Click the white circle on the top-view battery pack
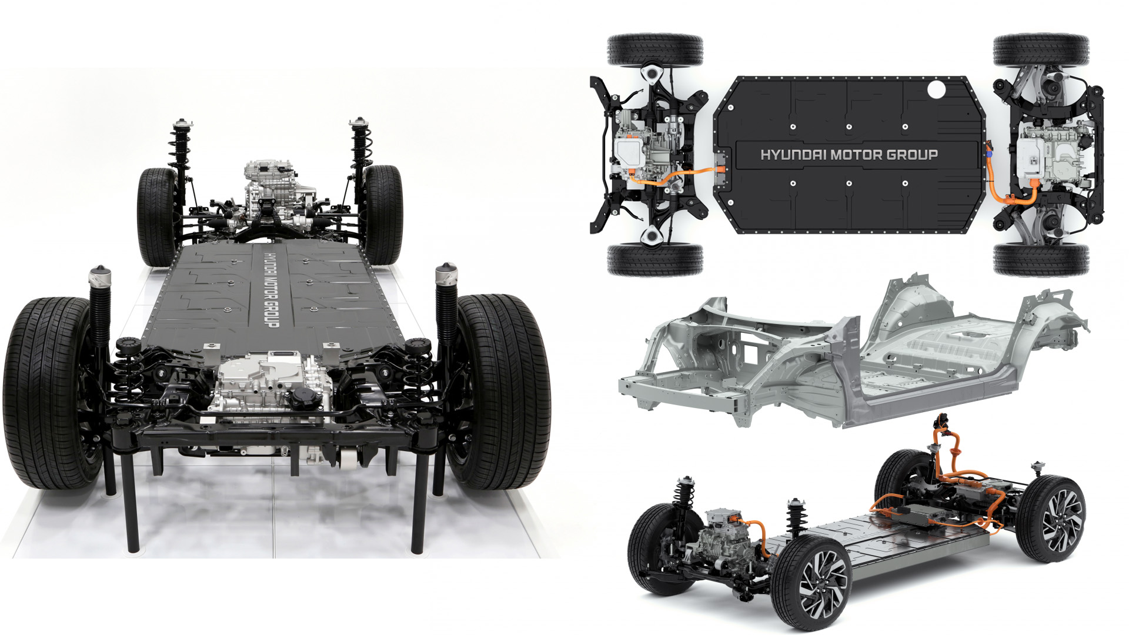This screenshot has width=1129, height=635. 936,90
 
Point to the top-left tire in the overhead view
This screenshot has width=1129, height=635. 655,50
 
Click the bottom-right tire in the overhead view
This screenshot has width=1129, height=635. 1041,259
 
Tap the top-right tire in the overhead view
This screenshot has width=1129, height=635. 1041,50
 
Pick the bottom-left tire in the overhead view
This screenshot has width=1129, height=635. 655,259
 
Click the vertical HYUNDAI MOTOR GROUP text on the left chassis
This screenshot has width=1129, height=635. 271,290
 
